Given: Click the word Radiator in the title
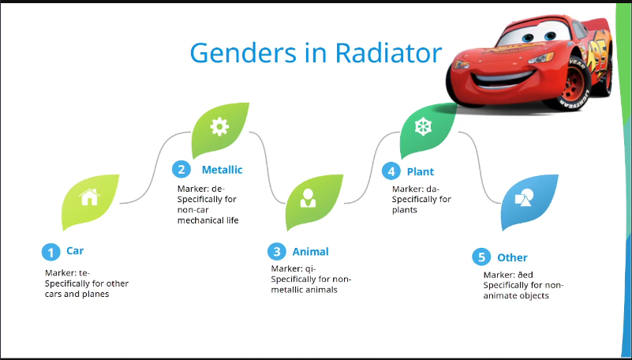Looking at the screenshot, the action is point(388,52).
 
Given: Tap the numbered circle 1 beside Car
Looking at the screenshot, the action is point(50,253).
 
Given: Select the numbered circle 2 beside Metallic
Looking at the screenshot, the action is point(181,169).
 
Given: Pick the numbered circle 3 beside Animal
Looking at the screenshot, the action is point(277,252).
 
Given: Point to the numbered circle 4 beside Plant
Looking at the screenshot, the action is point(391,171).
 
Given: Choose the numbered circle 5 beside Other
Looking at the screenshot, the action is point(481,257).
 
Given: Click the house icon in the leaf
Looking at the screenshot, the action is point(89,197).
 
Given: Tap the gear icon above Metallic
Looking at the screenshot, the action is point(219,126).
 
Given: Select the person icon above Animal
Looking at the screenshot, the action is point(308,198).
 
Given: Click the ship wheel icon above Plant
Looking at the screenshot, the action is point(423,126).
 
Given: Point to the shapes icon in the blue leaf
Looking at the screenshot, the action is point(524,197).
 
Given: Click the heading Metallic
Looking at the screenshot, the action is point(222,170).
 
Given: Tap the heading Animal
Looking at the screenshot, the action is point(310,252).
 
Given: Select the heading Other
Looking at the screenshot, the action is point(512,257).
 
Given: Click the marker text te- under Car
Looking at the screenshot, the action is point(84,273).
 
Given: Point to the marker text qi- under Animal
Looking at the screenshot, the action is point(311,269).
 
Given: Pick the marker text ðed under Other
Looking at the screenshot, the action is point(525,275).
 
